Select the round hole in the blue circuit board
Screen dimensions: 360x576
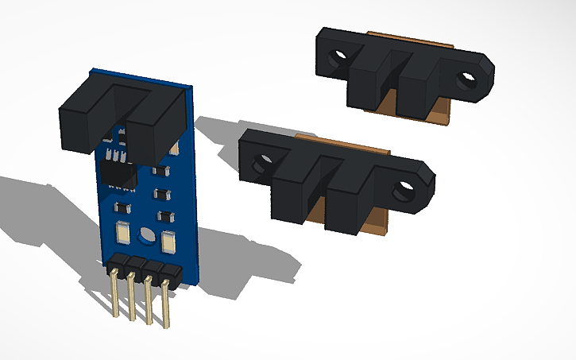pyautogui.click(x=146, y=235)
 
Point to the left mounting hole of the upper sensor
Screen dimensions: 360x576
pyautogui.click(x=341, y=57)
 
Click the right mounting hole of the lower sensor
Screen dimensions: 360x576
pyautogui.click(x=407, y=191)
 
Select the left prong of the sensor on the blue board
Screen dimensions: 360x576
pyautogui.click(x=83, y=119)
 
